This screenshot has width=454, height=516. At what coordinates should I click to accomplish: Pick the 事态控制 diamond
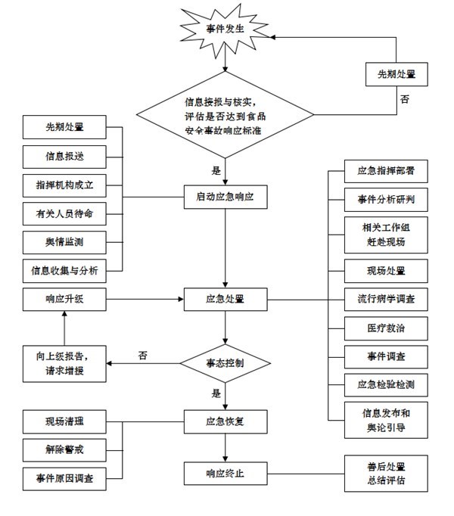tap(225, 363)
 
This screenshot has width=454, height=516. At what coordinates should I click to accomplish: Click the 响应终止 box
tap(225, 474)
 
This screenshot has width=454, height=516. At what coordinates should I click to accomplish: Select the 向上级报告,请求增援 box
tap(64, 362)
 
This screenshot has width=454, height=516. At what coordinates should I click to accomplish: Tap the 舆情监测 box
tap(64, 242)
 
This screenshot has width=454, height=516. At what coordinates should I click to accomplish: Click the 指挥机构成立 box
tap(64, 185)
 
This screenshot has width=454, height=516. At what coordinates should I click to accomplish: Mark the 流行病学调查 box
tap(380, 300)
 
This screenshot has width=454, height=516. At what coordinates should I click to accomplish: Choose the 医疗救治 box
tap(380, 329)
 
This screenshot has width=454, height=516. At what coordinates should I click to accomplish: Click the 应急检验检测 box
tap(380, 385)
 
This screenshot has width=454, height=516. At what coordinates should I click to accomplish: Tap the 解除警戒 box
tap(64, 449)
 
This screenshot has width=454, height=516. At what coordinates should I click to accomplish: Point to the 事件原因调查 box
tap(64, 477)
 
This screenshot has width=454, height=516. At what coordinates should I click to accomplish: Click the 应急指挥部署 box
tap(380, 171)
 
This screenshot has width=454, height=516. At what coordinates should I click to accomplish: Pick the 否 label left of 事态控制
tap(143, 355)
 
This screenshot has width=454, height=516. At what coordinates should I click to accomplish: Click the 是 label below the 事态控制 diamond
tap(216, 393)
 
